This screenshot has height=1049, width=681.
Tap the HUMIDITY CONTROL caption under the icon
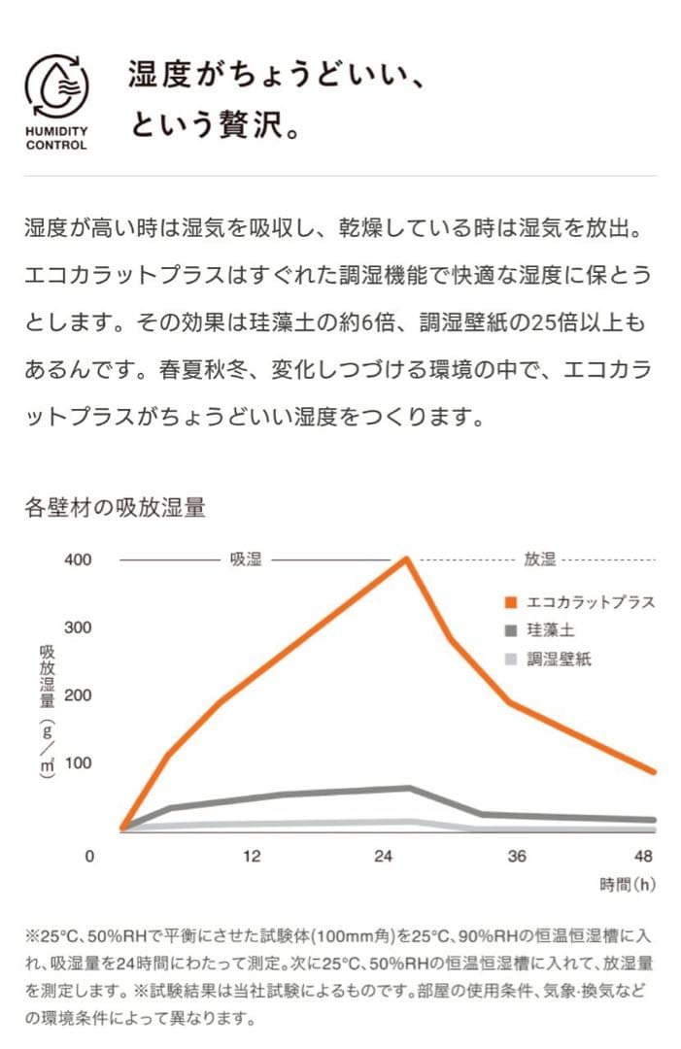click(56, 138)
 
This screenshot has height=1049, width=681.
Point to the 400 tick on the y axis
click(78, 560)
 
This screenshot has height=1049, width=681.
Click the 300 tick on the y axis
click(78, 628)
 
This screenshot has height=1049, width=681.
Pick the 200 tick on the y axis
click(78, 695)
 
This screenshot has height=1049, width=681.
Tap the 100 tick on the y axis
click(78, 763)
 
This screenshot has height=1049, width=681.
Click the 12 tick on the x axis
click(252, 857)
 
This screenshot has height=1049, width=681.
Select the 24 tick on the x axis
click(384, 857)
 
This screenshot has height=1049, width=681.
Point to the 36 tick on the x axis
click(516, 857)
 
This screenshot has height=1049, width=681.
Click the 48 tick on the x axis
click(643, 857)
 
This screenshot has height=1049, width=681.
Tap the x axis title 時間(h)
click(628, 885)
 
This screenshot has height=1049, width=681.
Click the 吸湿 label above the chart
click(246, 560)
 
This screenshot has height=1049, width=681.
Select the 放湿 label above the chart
click(539, 560)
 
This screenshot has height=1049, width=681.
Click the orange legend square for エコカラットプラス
click(511, 602)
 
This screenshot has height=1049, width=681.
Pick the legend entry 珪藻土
click(551, 630)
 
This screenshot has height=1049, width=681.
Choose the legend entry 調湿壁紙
click(559, 660)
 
